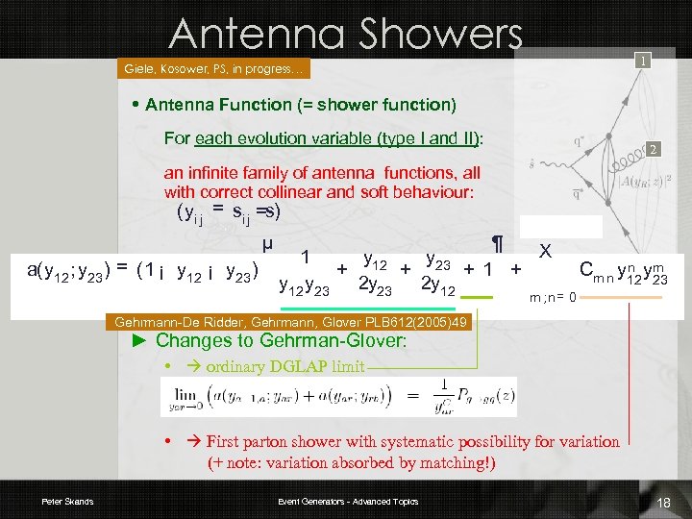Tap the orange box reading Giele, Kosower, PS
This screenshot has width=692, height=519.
tap(214, 69)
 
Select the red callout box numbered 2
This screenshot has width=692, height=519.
tap(652, 150)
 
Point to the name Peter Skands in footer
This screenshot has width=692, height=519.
tap(67, 502)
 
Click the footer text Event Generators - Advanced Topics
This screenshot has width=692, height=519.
tap(348, 502)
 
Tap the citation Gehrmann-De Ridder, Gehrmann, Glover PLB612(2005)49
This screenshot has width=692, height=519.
tap(291, 323)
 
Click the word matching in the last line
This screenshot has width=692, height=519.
tap(449, 463)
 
